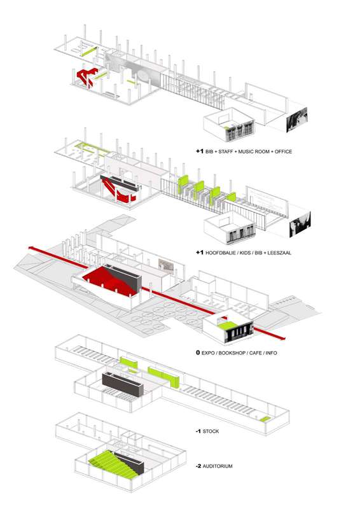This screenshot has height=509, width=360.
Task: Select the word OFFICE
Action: [284, 151]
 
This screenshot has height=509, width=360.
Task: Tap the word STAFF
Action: [226, 151]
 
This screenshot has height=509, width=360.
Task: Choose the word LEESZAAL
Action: [279, 253]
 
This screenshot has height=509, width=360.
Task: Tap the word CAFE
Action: [255, 353]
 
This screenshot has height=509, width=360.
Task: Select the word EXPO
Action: [208, 353]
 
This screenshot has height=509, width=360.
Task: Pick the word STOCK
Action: [211, 431]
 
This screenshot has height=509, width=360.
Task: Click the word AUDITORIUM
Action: [218, 466]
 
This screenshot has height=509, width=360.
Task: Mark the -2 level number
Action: [198, 466]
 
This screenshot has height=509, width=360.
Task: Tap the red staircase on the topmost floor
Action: [86, 76]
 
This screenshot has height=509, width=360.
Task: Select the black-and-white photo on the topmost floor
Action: [296, 120]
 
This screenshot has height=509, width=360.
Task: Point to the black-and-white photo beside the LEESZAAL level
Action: [300, 224]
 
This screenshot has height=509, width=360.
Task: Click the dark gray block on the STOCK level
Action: [123, 384]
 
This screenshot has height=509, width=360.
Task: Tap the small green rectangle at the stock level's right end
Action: [265, 419]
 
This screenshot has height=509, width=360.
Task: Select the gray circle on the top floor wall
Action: [144, 75]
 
